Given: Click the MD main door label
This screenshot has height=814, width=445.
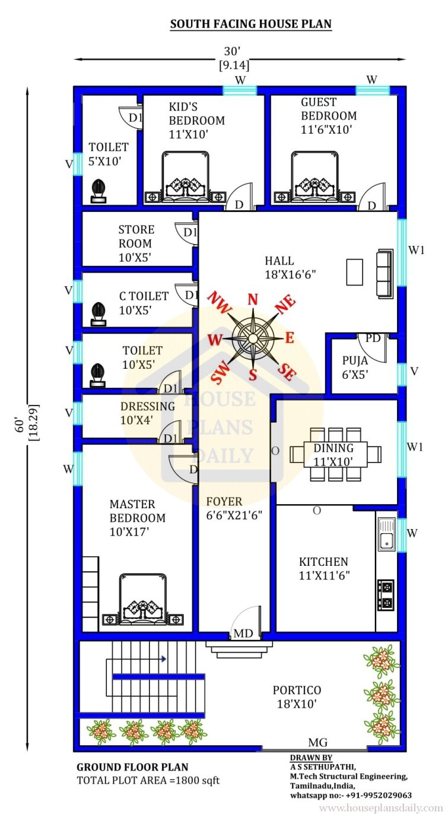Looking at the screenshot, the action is click(243, 634).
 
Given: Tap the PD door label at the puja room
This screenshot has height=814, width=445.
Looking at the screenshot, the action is click(373, 338).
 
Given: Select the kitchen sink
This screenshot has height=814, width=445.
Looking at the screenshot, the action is click(387, 534).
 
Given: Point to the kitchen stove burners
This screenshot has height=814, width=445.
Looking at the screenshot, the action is click(386, 595).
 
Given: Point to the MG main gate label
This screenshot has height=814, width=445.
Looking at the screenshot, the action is click(318, 742).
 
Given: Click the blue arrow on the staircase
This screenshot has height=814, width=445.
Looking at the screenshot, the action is click(164, 658).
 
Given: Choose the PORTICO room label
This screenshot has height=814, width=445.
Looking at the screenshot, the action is click(297, 690).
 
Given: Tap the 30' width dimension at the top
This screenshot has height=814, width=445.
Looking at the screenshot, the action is click(233, 51).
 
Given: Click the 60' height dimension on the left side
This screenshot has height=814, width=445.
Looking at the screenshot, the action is click(20, 425).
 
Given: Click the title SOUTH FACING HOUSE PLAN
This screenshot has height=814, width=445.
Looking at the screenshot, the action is click(251, 24).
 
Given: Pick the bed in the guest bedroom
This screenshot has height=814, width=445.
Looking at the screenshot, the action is click(314, 177).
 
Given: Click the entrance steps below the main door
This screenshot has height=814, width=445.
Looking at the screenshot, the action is click(239, 649).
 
